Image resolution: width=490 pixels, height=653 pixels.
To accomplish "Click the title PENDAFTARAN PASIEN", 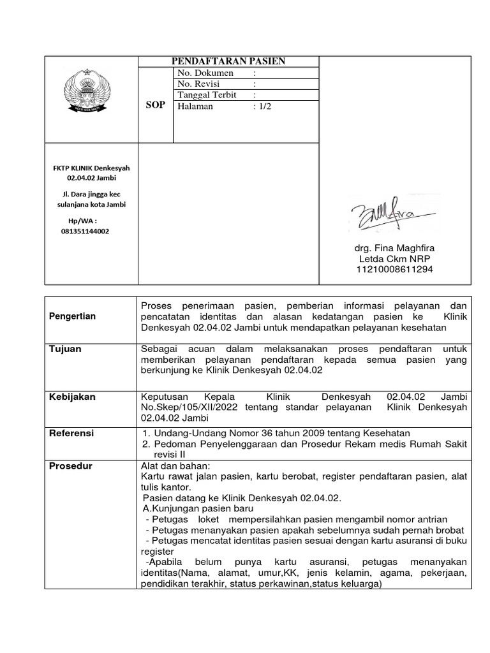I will [228, 61].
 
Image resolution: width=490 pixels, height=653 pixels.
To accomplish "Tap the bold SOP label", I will [156, 105].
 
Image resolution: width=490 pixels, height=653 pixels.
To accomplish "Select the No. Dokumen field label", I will [205, 73].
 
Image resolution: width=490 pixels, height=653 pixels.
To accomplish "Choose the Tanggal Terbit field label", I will [207, 94].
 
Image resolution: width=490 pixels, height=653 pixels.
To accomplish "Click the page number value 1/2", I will [264, 106].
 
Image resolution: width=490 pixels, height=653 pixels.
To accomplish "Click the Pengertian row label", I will [73, 316].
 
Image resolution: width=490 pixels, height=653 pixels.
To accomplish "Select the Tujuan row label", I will [66, 349].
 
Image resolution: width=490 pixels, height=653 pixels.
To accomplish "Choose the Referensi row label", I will [71, 433].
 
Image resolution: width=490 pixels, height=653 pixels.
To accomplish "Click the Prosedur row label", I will [71, 466].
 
